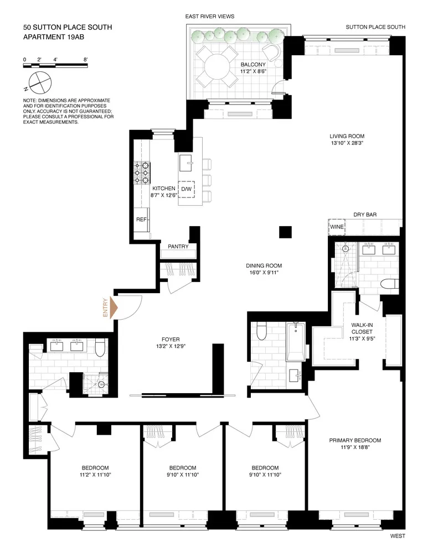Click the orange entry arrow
click(114, 307)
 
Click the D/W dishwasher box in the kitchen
click(186, 189)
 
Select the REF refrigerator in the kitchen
click(142, 220)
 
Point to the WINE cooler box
click(337, 227)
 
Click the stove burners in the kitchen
click(142, 173)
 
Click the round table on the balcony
click(217, 67)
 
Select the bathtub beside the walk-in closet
click(295, 342)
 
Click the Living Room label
click(347, 136)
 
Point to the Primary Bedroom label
click(355, 440)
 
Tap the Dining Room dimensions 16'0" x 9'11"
click(264, 272)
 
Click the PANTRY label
click(178, 247)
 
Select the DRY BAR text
click(365, 215)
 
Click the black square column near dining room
click(285, 232)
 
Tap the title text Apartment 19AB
click(54, 36)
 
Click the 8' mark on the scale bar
click(85, 60)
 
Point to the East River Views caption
click(210, 16)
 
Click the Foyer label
click(171, 340)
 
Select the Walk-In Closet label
click(362, 328)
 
